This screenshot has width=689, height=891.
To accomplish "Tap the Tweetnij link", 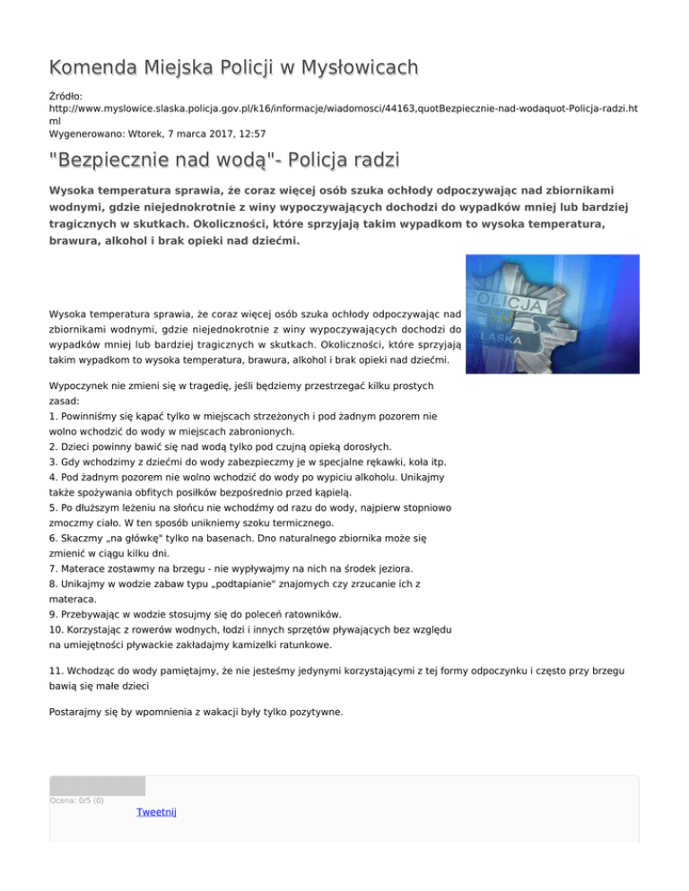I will tap(156, 812).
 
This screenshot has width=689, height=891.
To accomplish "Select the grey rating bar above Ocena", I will tap(97, 786).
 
